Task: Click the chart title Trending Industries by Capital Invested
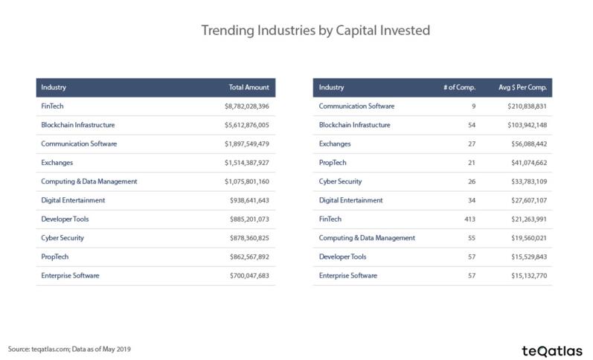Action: (x=315, y=30)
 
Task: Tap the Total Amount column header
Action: (x=249, y=87)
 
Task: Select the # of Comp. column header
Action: (x=460, y=87)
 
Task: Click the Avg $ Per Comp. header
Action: (x=522, y=87)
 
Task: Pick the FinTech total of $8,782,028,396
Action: (x=247, y=106)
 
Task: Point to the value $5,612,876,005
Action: (x=247, y=125)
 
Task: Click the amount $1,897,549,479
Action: (x=247, y=144)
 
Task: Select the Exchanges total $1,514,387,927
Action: (x=247, y=163)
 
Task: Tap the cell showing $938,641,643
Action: (x=249, y=200)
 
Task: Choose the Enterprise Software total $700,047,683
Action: (x=249, y=276)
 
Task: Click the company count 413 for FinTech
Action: (x=469, y=219)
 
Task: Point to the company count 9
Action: (x=473, y=106)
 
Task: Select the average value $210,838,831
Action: (x=528, y=106)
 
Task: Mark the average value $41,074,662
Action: (x=529, y=163)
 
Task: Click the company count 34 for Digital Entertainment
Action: (x=472, y=200)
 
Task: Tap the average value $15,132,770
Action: (x=529, y=276)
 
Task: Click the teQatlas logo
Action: (x=552, y=351)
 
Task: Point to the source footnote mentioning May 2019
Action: (x=69, y=349)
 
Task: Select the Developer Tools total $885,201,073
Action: (x=249, y=219)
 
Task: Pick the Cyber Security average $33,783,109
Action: (x=529, y=181)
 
